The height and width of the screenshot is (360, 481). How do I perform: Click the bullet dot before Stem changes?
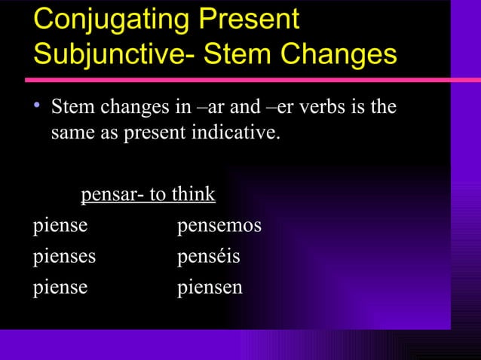(38, 108)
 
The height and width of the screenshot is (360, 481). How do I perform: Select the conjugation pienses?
(64, 256)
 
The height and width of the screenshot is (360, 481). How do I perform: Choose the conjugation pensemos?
(219, 225)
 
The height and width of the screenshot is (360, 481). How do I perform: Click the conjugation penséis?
(208, 256)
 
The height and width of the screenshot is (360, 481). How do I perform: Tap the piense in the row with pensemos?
(60, 225)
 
